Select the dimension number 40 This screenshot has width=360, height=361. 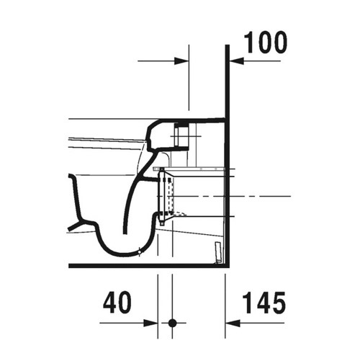(116, 301)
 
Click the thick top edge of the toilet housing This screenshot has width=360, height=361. (194, 119)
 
